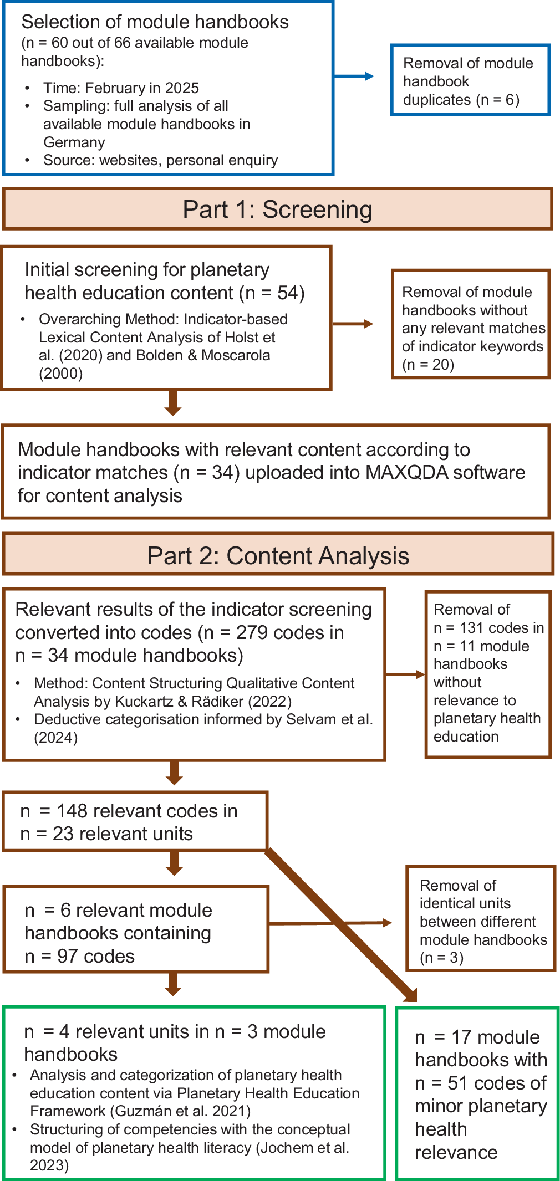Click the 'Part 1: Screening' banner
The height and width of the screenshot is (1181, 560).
pyautogui.click(x=278, y=209)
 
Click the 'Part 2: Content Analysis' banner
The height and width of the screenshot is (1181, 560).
pyautogui.click(x=278, y=556)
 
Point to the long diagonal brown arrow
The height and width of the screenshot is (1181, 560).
pyautogui.click(x=341, y=926)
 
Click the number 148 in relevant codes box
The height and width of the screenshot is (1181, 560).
pyautogui.click(x=72, y=811)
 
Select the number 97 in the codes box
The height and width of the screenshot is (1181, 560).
pyautogui.click(x=68, y=956)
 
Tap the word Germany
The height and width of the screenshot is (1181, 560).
pyautogui.click(x=74, y=142)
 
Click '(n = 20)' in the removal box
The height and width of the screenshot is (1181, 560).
pyautogui.click(x=427, y=365)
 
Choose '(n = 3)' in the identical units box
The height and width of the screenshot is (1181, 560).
pyautogui.click(x=441, y=958)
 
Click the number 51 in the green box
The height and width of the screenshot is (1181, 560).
pyautogui.click(x=457, y=1083)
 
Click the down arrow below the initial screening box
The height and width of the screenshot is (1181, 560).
pyautogui.click(x=173, y=403)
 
